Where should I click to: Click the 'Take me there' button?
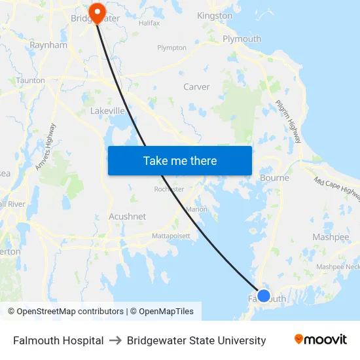click(x=180, y=160)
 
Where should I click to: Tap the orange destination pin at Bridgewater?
click(x=97, y=12)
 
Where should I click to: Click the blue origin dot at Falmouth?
click(x=264, y=296)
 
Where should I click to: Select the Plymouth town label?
click(x=242, y=39)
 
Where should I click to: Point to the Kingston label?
click(x=215, y=15)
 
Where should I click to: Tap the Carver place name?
click(x=196, y=86)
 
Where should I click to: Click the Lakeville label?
click(x=107, y=111)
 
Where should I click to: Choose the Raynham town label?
click(x=48, y=46)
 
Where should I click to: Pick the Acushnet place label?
click(x=127, y=217)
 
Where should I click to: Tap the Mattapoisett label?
click(x=171, y=236)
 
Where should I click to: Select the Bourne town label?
click(x=274, y=177)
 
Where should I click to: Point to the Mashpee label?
click(x=331, y=237)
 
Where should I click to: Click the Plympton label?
click(x=171, y=48)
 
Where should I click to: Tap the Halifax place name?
click(x=149, y=23)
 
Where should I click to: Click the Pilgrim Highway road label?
click(x=289, y=122)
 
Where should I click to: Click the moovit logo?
click(x=321, y=340)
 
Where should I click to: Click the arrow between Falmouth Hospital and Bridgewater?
click(x=115, y=340)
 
